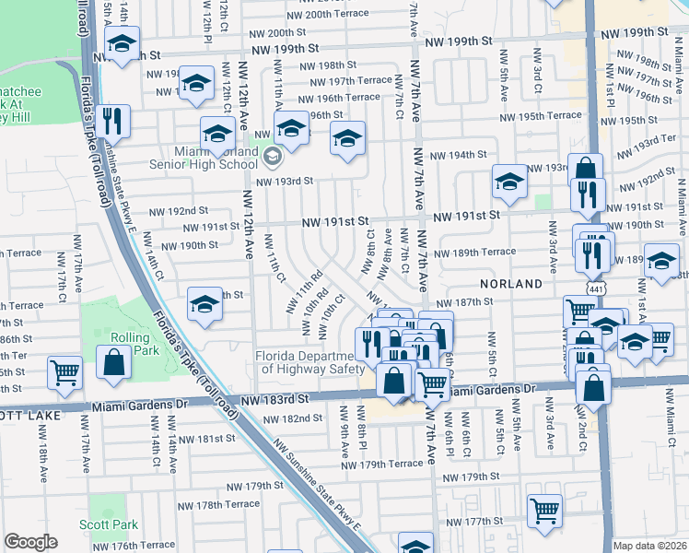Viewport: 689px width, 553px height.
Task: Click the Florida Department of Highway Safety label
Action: [306, 362]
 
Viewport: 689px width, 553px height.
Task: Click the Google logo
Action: [30, 542]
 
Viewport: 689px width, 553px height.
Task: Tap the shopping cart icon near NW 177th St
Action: [545, 510]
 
